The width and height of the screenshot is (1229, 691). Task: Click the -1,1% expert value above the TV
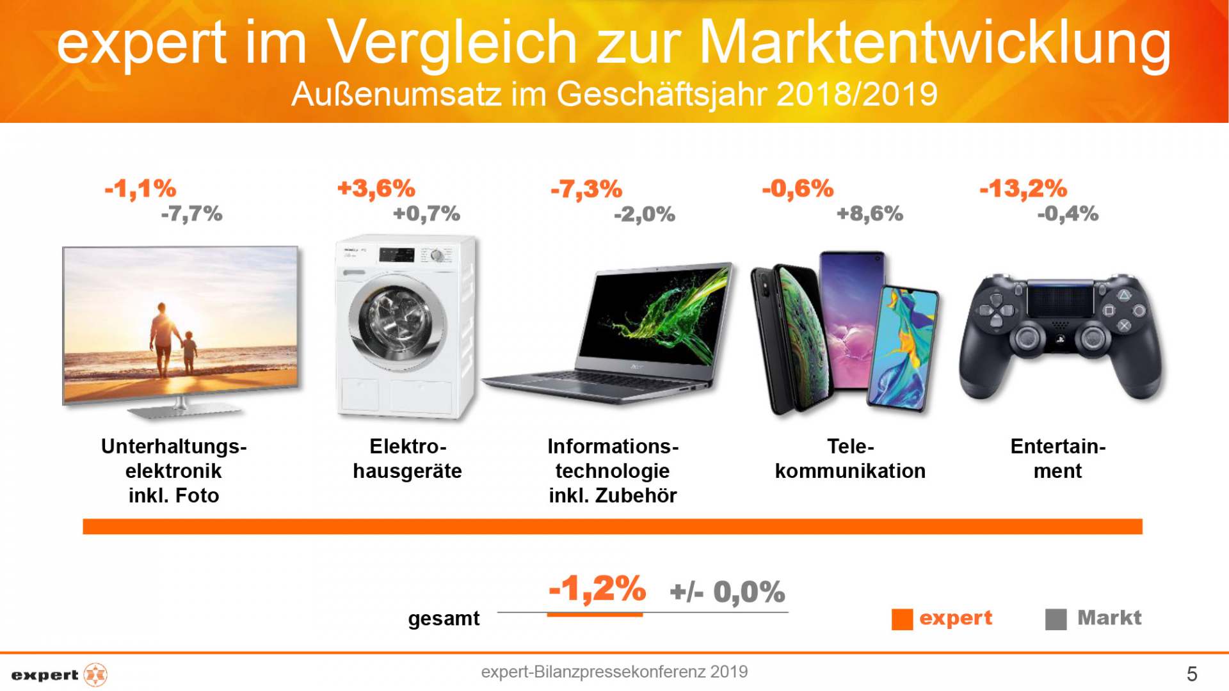[140, 189]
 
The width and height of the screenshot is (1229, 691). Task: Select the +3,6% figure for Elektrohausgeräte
[376, 189]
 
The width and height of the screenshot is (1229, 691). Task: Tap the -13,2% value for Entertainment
[1023, 189]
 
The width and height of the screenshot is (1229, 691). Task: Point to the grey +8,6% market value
[869, 214]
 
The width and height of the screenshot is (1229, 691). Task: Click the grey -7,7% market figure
[191, 214]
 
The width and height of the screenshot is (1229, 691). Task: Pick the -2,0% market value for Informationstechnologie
[644, 214]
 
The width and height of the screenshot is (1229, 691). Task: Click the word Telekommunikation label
[850, 459]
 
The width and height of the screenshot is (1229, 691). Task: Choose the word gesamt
[444, 619]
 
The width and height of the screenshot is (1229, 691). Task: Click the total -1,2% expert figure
[597, 589]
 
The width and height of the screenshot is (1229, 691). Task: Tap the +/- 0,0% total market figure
[727, 592]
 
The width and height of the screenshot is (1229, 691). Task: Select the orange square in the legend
[902, 619]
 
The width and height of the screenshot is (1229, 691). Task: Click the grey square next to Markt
[1056, 619]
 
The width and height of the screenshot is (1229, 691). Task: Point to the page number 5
[1191, 674]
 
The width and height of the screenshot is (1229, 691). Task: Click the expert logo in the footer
[59, 675]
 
